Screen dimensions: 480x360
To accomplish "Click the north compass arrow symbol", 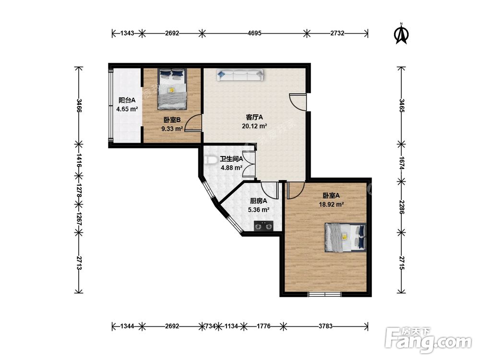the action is (401, 34).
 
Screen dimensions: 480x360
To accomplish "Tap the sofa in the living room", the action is (240, 75).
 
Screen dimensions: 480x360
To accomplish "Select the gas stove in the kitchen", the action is (264, 226).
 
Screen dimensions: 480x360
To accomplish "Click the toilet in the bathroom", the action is (210, 160).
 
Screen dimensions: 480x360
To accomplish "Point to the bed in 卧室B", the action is (172, 89).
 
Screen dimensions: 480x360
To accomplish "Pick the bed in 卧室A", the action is (345, 237).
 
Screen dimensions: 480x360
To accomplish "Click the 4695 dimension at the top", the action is (254, 33).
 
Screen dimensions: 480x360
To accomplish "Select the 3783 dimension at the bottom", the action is (325, 326).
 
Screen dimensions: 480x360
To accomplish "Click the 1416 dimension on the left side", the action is (79, 160).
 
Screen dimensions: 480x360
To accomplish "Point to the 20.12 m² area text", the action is (254, 126).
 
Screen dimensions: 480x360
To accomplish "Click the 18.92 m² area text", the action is (331, 204).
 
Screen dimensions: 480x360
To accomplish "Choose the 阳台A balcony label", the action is (127, 100).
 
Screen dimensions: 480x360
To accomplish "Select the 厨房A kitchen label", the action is (259, 201).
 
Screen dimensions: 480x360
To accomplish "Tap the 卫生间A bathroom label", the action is (231, 159).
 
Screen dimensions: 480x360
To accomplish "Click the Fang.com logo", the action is (428, 339).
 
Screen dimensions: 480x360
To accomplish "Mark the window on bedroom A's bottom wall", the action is (324, 295).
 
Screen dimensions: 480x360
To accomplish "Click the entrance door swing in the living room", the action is (298, 102).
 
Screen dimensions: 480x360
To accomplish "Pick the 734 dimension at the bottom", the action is (210, 326).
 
